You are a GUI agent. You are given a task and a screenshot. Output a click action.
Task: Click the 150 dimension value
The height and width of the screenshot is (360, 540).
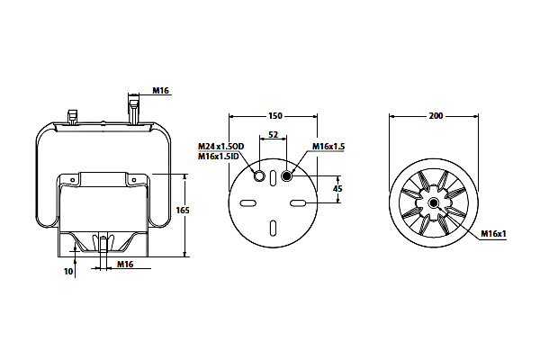tap(275, 116)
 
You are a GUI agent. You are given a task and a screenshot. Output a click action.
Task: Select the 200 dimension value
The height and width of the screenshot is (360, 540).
tap(436, 116)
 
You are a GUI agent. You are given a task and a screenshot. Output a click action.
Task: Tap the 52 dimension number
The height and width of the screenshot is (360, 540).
tap(273, 134)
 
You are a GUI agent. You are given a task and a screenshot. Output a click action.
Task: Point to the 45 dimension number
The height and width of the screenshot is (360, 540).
tap(337, 189)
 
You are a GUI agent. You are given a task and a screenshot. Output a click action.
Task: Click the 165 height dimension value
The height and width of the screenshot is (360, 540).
tap(183, 210)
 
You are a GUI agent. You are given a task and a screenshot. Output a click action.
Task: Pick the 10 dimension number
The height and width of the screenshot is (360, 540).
tap(68, 272)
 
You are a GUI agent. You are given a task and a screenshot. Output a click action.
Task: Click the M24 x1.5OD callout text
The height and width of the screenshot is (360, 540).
tap(220, 147)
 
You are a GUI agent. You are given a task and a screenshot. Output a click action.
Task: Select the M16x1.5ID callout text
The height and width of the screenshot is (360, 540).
tap(219, 157)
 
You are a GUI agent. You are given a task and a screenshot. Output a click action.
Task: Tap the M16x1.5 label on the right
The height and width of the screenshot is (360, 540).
tap(328, 147)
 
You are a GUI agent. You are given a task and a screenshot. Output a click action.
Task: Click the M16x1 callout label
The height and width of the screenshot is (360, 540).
tap(493, 234)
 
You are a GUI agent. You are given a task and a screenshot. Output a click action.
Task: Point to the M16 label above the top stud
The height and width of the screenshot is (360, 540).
tap(160, 91)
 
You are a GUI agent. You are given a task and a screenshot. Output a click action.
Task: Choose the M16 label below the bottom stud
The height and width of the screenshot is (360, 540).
tap(125, 265)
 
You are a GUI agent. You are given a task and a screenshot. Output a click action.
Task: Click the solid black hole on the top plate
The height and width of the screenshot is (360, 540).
tap(286, 176)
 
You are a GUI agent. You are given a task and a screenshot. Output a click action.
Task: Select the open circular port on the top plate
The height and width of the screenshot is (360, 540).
tap(259, 176)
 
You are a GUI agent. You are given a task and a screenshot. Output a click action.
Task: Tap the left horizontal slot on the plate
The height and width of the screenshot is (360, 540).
tap(248, 203)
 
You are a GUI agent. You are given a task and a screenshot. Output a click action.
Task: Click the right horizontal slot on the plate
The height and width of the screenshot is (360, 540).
tap(298, 203)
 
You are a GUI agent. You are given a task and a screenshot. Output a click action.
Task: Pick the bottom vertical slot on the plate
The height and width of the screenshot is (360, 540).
tap(273, 228)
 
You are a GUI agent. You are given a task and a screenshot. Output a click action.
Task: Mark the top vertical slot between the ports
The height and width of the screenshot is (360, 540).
tap(273, 178)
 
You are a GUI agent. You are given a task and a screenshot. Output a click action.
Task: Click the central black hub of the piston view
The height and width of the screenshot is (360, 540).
tap(434, 203)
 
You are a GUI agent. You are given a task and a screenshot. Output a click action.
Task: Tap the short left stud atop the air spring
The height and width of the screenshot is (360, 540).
tap(73, 118)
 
